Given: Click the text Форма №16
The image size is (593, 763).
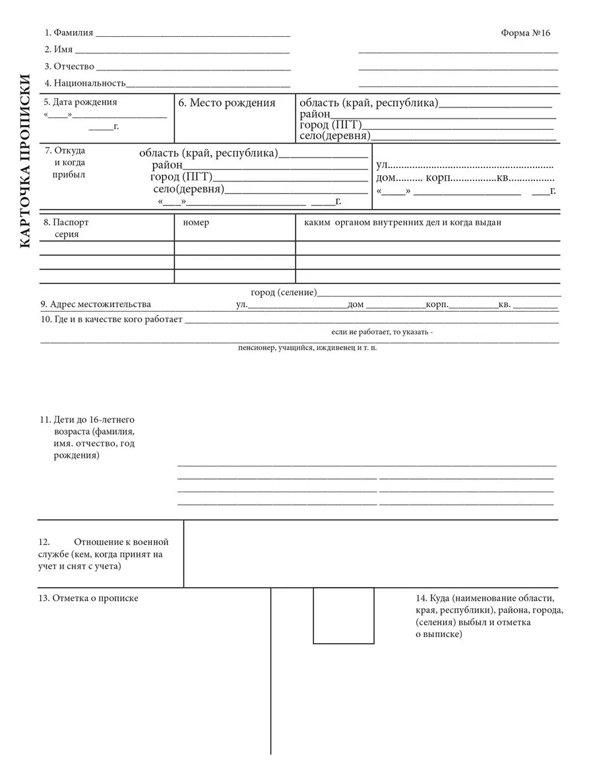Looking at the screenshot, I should tap(525, 33).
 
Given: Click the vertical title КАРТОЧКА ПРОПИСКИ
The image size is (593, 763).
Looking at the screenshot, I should tap(24, 161).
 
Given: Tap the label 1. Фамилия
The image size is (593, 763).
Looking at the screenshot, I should tap(69, 33).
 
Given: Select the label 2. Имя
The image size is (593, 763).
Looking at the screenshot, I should tap(59, 50).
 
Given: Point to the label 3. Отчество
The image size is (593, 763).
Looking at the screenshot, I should tap(69, 67).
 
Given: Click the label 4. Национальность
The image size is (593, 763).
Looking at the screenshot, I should tap(84, 84).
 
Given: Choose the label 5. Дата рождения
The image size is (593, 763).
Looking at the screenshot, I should tap(80, 102).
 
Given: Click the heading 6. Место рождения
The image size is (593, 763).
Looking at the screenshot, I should tap(227, 103).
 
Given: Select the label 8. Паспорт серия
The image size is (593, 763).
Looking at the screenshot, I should tap(66, 228).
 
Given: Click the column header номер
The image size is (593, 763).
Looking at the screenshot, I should tap(196, 223).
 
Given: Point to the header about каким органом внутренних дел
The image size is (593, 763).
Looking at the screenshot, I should tap(402, 223).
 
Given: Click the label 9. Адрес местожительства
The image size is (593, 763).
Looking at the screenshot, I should tap(96, 304).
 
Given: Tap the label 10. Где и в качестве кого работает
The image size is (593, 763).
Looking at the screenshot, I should tap(111, 320).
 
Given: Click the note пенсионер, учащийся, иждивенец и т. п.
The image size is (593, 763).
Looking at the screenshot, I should tap(307, 347).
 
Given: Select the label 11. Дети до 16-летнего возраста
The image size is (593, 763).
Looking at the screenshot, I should tap(88, 438).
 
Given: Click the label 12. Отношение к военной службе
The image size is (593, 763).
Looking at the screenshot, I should tap(104, 553).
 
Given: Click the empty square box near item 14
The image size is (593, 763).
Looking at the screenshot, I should tap(343, 615).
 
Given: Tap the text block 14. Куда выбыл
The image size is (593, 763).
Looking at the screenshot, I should tap(489, 616).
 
